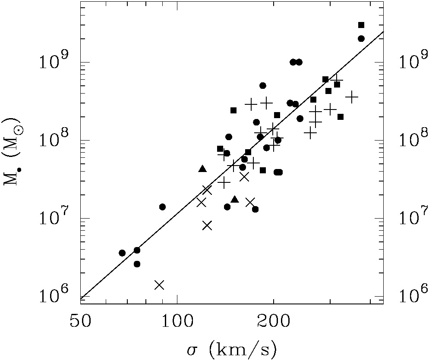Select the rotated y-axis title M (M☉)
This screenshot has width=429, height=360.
click(13, 153)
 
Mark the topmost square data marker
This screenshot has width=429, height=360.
click(361, 25)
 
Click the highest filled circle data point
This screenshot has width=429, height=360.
click(361, 38)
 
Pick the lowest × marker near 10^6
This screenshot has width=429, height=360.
click(159, 285)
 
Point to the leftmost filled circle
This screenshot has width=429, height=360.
click(122, 253)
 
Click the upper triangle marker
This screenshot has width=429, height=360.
click(202, 169)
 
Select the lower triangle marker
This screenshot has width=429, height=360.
click(235, 199)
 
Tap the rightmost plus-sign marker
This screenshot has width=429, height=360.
click(352, 97)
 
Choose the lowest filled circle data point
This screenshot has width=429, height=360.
click(137, 264)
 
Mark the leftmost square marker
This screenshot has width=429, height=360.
click(220, 149)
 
